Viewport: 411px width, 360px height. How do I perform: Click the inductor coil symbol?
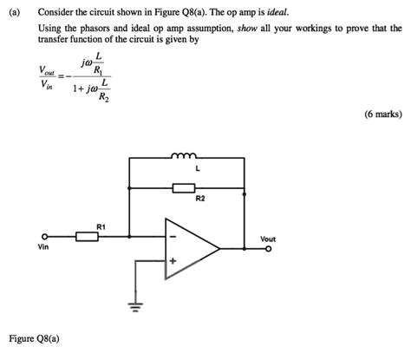184,158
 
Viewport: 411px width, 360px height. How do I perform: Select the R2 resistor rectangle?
185,187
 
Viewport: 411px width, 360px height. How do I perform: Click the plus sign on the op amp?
173,260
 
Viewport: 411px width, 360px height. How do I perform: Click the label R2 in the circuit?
200,199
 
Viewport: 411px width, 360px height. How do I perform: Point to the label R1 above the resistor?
101,226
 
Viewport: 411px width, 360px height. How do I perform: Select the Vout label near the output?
268,238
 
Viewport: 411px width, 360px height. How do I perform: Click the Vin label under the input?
43,247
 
